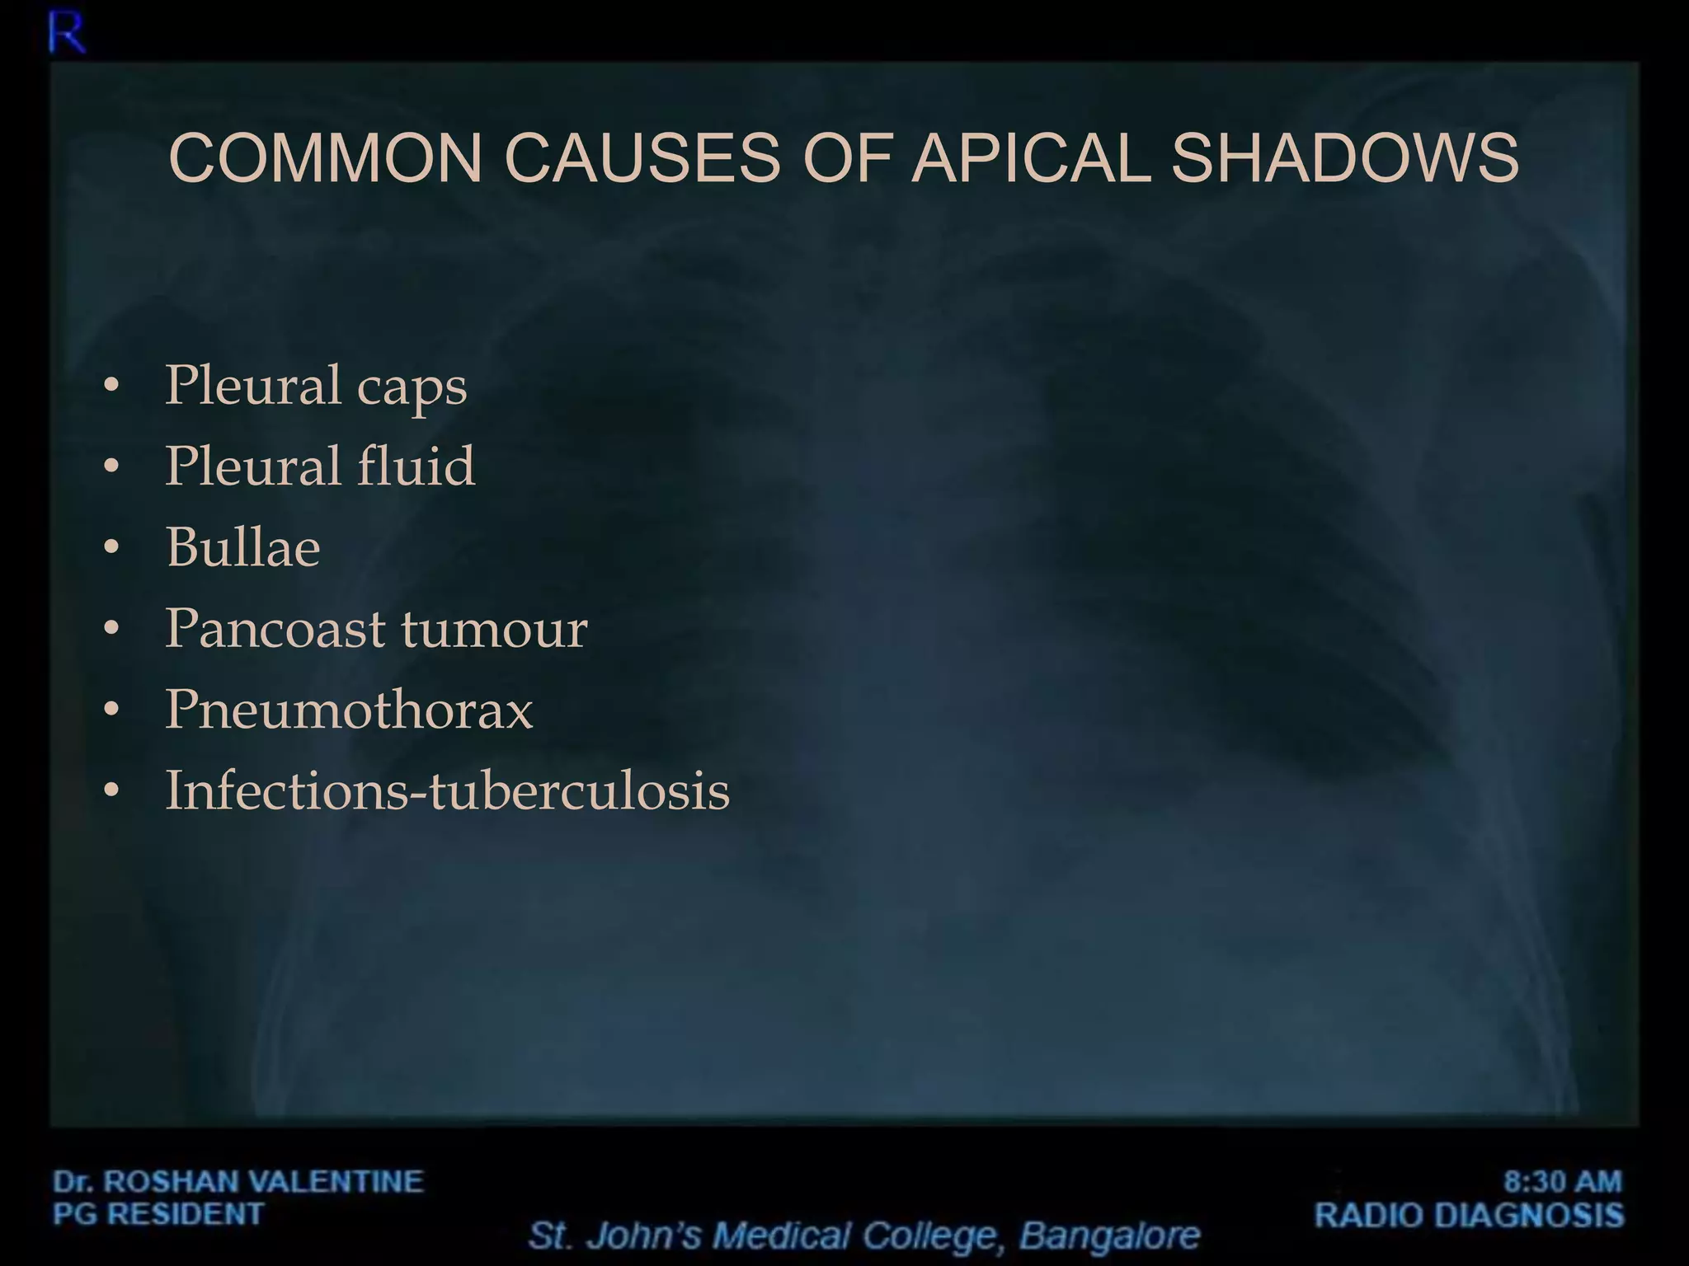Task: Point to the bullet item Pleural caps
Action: [316, 386]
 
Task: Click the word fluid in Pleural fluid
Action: [416, 466]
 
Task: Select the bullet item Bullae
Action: [242, 547]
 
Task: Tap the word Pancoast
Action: [275, 628]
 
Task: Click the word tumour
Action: [495, 629]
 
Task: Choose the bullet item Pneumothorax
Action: [349, 709]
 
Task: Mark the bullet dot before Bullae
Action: [112, 547]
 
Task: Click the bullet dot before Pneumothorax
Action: [112, 710]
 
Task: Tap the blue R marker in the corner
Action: [66, 35]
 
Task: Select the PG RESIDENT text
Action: [158, 1214]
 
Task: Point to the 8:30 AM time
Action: [1562, 1181]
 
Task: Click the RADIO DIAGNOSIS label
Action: [1469, 1215]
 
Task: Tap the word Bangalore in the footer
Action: [1109, 1236]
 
